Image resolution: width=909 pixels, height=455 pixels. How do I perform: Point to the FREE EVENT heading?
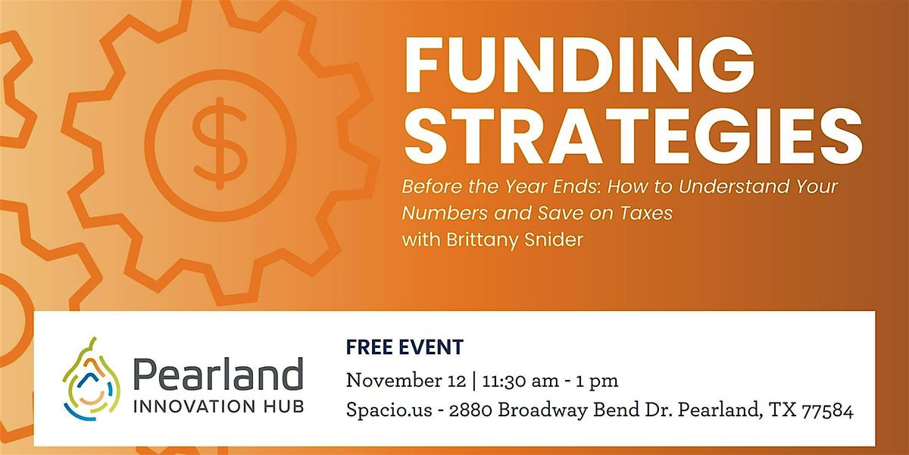click(404, 348)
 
